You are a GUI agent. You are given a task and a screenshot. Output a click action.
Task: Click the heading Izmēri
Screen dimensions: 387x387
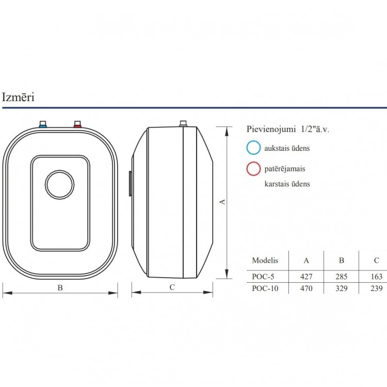coord(18,97)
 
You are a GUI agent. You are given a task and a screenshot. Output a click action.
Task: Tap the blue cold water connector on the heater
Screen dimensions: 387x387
coord(43,124)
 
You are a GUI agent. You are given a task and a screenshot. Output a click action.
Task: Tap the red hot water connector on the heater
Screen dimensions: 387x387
coord(77,124)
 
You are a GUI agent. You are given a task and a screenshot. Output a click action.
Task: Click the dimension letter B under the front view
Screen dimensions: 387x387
coord(60,288)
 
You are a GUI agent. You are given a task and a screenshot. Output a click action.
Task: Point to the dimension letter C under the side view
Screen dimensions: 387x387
coord(172,288)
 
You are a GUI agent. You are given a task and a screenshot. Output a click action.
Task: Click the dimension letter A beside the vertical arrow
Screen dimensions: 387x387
coord(222,202)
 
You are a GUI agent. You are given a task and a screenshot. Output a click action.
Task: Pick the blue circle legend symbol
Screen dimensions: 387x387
coord(253,148)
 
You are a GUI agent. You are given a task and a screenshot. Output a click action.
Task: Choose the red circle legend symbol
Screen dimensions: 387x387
coord(253,169)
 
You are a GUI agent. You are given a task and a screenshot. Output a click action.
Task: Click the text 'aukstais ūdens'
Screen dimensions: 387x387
coord(287,148)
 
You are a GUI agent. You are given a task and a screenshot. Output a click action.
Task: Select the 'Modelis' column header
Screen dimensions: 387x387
coord(265,260)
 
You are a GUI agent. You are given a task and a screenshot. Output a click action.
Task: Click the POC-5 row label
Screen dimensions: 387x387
coord(263,277)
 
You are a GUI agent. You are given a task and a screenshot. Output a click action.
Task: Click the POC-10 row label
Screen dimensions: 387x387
coord(265,288)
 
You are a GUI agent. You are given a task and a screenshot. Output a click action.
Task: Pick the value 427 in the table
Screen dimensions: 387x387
coord(307,277)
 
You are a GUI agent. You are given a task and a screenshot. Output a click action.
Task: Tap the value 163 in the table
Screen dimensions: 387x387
coord(376,277)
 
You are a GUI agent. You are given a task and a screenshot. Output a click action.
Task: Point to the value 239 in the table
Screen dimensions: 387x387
coord(376,288)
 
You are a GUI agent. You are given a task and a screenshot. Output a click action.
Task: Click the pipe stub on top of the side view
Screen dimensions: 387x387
coord(182,124)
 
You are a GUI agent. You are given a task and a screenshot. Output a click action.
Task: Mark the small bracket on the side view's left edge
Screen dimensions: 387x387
coord(129,184)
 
